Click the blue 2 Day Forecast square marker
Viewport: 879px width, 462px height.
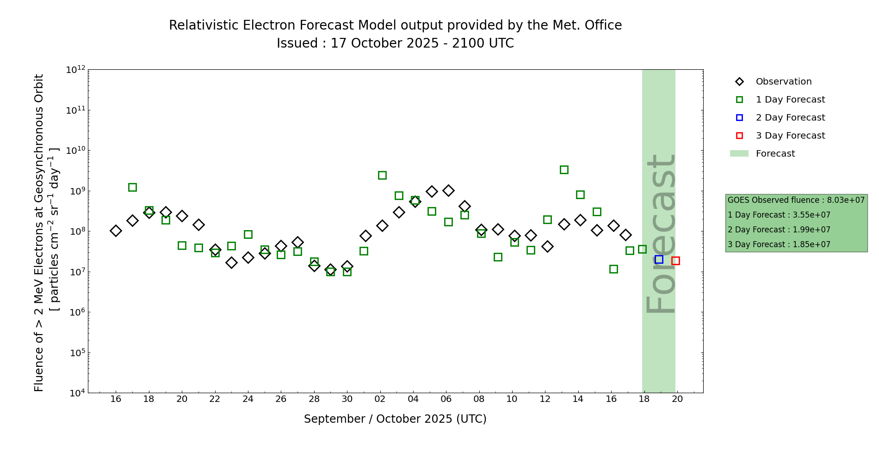point(659,260)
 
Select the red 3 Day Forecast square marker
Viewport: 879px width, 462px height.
point(675,261)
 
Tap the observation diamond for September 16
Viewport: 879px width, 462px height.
point(116,231)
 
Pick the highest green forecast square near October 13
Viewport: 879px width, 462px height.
point(564,170)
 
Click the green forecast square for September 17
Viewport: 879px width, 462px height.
point(132,187)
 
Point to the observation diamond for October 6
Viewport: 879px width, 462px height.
point(448,190)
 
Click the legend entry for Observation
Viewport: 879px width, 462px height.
point(783,82)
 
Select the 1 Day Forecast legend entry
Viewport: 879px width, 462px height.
point(790,100)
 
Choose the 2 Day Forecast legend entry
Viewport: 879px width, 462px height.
point(790,118)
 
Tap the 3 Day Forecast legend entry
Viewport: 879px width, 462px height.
point(790,136)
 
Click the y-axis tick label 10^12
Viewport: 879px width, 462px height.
point(75,70)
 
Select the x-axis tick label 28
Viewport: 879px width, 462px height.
point(314,399)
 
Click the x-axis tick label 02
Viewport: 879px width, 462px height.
point(380,399)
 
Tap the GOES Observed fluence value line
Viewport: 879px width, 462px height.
point(796,201)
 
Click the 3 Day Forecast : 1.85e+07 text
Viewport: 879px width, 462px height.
point(779,245)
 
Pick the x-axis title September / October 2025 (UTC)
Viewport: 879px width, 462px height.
point(395,419)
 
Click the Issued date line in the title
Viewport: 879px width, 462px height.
point(395,43)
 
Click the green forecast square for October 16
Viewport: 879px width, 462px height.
point(613,269)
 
